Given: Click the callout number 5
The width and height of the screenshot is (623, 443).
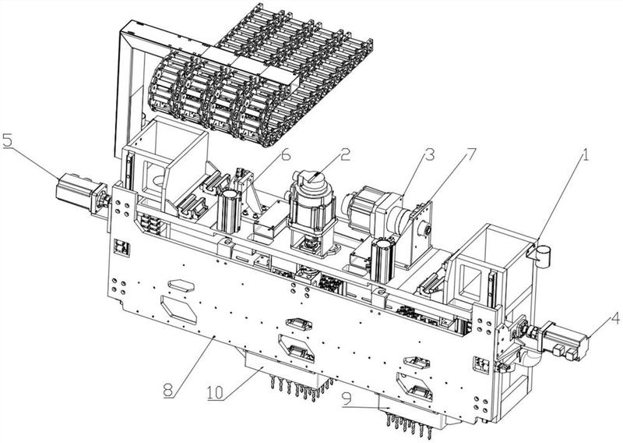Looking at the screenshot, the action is pyautogui.click(x=9, y=141).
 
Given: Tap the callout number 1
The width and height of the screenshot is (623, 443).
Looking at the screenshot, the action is pyautogui.click(x=584, y=155).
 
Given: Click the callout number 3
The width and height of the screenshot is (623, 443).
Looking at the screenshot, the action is pyautogui.click(x=429, y=154).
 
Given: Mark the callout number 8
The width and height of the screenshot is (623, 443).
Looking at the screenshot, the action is pyautogui.click(x=169, y=390).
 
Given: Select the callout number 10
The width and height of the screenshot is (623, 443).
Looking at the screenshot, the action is pyautogui.click(x=215, y=392).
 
